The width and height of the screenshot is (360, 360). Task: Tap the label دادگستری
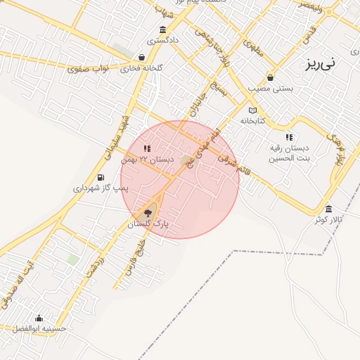coord(163,40)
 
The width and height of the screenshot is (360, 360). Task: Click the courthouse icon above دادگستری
coord(163,30)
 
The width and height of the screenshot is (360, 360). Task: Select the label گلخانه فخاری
coord(141,68)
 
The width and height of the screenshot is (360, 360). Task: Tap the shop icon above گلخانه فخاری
coord(142,58)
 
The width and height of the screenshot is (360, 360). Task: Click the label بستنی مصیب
coord(271,89)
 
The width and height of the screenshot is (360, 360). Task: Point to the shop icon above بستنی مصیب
coord(271,78)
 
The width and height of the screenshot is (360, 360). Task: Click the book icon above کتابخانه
coord(254,110)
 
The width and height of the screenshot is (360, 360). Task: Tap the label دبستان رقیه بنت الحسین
coord(288,153)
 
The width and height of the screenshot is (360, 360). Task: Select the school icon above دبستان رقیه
coord(288,137)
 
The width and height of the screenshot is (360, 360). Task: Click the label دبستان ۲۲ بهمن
coord(147,160)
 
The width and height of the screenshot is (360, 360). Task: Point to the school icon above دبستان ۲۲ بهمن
coord(147,148)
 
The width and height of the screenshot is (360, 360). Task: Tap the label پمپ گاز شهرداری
coord(101,188)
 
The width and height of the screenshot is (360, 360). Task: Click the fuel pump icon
coord(101,177)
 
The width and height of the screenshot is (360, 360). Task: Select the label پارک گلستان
coord(149,224)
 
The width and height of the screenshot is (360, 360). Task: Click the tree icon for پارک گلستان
coord(148,212)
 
